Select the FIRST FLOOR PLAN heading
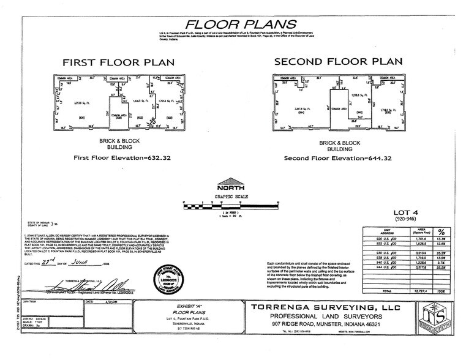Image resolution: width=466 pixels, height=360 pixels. point(118,62)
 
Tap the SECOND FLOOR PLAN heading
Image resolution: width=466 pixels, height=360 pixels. point(338,62)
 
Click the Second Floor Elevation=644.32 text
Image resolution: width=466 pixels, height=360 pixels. point(338,157)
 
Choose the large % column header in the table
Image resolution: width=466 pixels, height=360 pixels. point(441,231)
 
